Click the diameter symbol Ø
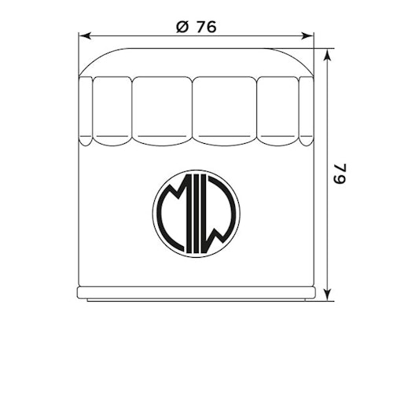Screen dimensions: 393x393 pos(182,26)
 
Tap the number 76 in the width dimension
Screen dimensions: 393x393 pos(205,26)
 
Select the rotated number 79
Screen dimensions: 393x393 pos(340,174)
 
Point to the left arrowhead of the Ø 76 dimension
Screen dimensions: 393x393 pos(83,36)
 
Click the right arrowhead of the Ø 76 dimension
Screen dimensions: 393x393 pos(308,36)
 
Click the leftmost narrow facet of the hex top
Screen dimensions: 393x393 pos(86,111)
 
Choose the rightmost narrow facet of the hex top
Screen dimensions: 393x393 pos(307,111)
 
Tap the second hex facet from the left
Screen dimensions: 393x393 pos(112,111)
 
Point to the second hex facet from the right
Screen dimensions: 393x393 pos(278,111)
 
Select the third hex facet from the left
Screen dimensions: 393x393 pos(162,111)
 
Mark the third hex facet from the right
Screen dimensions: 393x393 pos(226,111)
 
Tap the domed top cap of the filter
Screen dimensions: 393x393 pos(196,61)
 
